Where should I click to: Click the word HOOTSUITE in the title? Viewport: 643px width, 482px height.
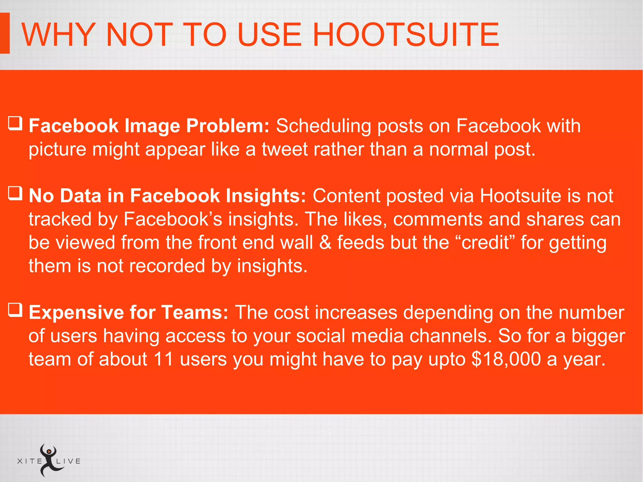pos(406,35)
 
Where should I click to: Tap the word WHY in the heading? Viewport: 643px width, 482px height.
pos(59,35)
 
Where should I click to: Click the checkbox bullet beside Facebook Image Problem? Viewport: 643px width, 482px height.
pos(15,123)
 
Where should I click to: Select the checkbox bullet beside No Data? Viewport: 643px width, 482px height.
pos(15,193)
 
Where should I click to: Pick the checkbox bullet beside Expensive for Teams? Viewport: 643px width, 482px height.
pos(15,310)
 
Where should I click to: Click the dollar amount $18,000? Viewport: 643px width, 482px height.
pos(506,359)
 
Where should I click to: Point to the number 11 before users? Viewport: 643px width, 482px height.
pos(164,359)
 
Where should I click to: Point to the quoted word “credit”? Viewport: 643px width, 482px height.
pos(485,242)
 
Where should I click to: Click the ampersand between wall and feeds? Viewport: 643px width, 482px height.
pos(325,242)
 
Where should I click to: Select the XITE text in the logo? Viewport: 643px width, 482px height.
pos(30,461)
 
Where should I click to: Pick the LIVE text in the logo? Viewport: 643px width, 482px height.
pos(68,461)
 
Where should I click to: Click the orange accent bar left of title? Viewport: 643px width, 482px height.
pos(5,33)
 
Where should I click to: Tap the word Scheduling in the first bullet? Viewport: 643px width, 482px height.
pos(323,126)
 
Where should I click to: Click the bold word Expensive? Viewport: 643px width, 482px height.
pos(76,312)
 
